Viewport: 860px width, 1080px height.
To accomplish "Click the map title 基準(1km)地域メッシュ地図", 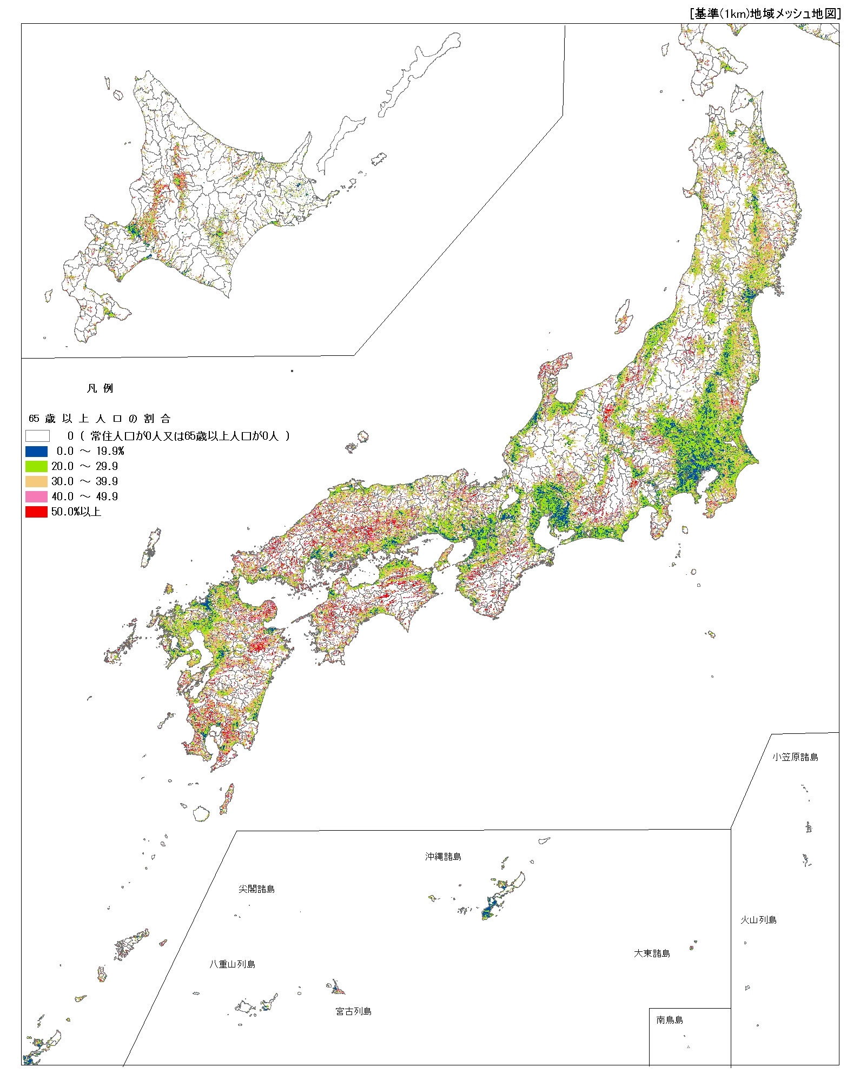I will [765, 14].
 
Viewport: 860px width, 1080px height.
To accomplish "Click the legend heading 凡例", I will [100, 388].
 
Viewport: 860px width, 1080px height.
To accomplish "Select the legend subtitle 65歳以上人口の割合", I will [100, 419].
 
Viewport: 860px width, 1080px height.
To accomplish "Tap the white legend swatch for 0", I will [37, 436].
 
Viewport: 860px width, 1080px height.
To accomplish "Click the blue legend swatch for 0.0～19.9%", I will [36, 451].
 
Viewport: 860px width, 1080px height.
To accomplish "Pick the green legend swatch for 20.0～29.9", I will [36, 466].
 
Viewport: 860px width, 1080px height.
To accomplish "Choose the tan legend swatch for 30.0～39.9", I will [36, 481].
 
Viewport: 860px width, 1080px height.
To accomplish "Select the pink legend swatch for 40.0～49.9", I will [36, 496].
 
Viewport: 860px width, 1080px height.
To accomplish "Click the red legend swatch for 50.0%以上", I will [36, 512].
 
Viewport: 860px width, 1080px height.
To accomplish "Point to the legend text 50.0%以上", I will [76, 512].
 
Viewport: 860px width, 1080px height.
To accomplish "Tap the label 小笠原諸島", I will [795, 757].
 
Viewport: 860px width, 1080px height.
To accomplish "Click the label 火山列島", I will [758, 920].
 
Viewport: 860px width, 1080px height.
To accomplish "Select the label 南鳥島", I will [670, 1020].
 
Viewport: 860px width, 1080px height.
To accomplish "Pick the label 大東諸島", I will [652, 953].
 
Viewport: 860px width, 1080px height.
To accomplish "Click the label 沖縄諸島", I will [442, 857].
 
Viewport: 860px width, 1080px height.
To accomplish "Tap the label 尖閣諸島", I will [256, 889].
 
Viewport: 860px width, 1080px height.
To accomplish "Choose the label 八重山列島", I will [233, 964].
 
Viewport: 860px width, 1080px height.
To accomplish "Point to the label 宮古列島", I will [353, 1011].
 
